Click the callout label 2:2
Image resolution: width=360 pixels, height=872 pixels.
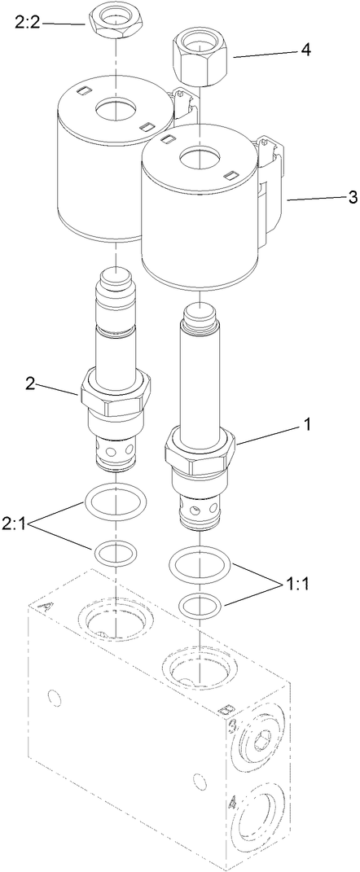26,24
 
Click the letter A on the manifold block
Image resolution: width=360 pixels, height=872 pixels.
46,607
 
